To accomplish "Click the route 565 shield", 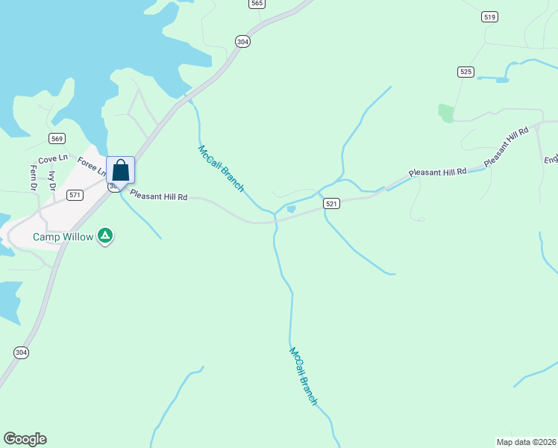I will (x=257, y=4).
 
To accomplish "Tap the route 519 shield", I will (x=489, y=17).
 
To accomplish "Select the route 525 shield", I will (x=466, y=72).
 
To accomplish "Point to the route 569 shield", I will (x=57, y=139).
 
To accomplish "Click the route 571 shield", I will (x=74, y=195).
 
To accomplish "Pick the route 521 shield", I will (x=332, y=204).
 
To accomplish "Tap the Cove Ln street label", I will (x=53, y=159).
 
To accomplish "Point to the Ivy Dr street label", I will (x=52, y=181).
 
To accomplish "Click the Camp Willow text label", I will (x=63, y=237).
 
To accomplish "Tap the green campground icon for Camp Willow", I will (x=106, y=236).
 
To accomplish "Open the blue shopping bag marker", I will (x=120, y=170).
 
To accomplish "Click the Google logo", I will (x=25, y=439).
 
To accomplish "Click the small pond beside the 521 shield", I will (x=291, y=209).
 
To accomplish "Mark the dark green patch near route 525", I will (x=446, y=113).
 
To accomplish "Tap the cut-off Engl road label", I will (x=551, y=158).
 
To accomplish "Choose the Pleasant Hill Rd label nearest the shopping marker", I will (x=158, y=196).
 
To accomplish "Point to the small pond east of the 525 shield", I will (x=502, y=79).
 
